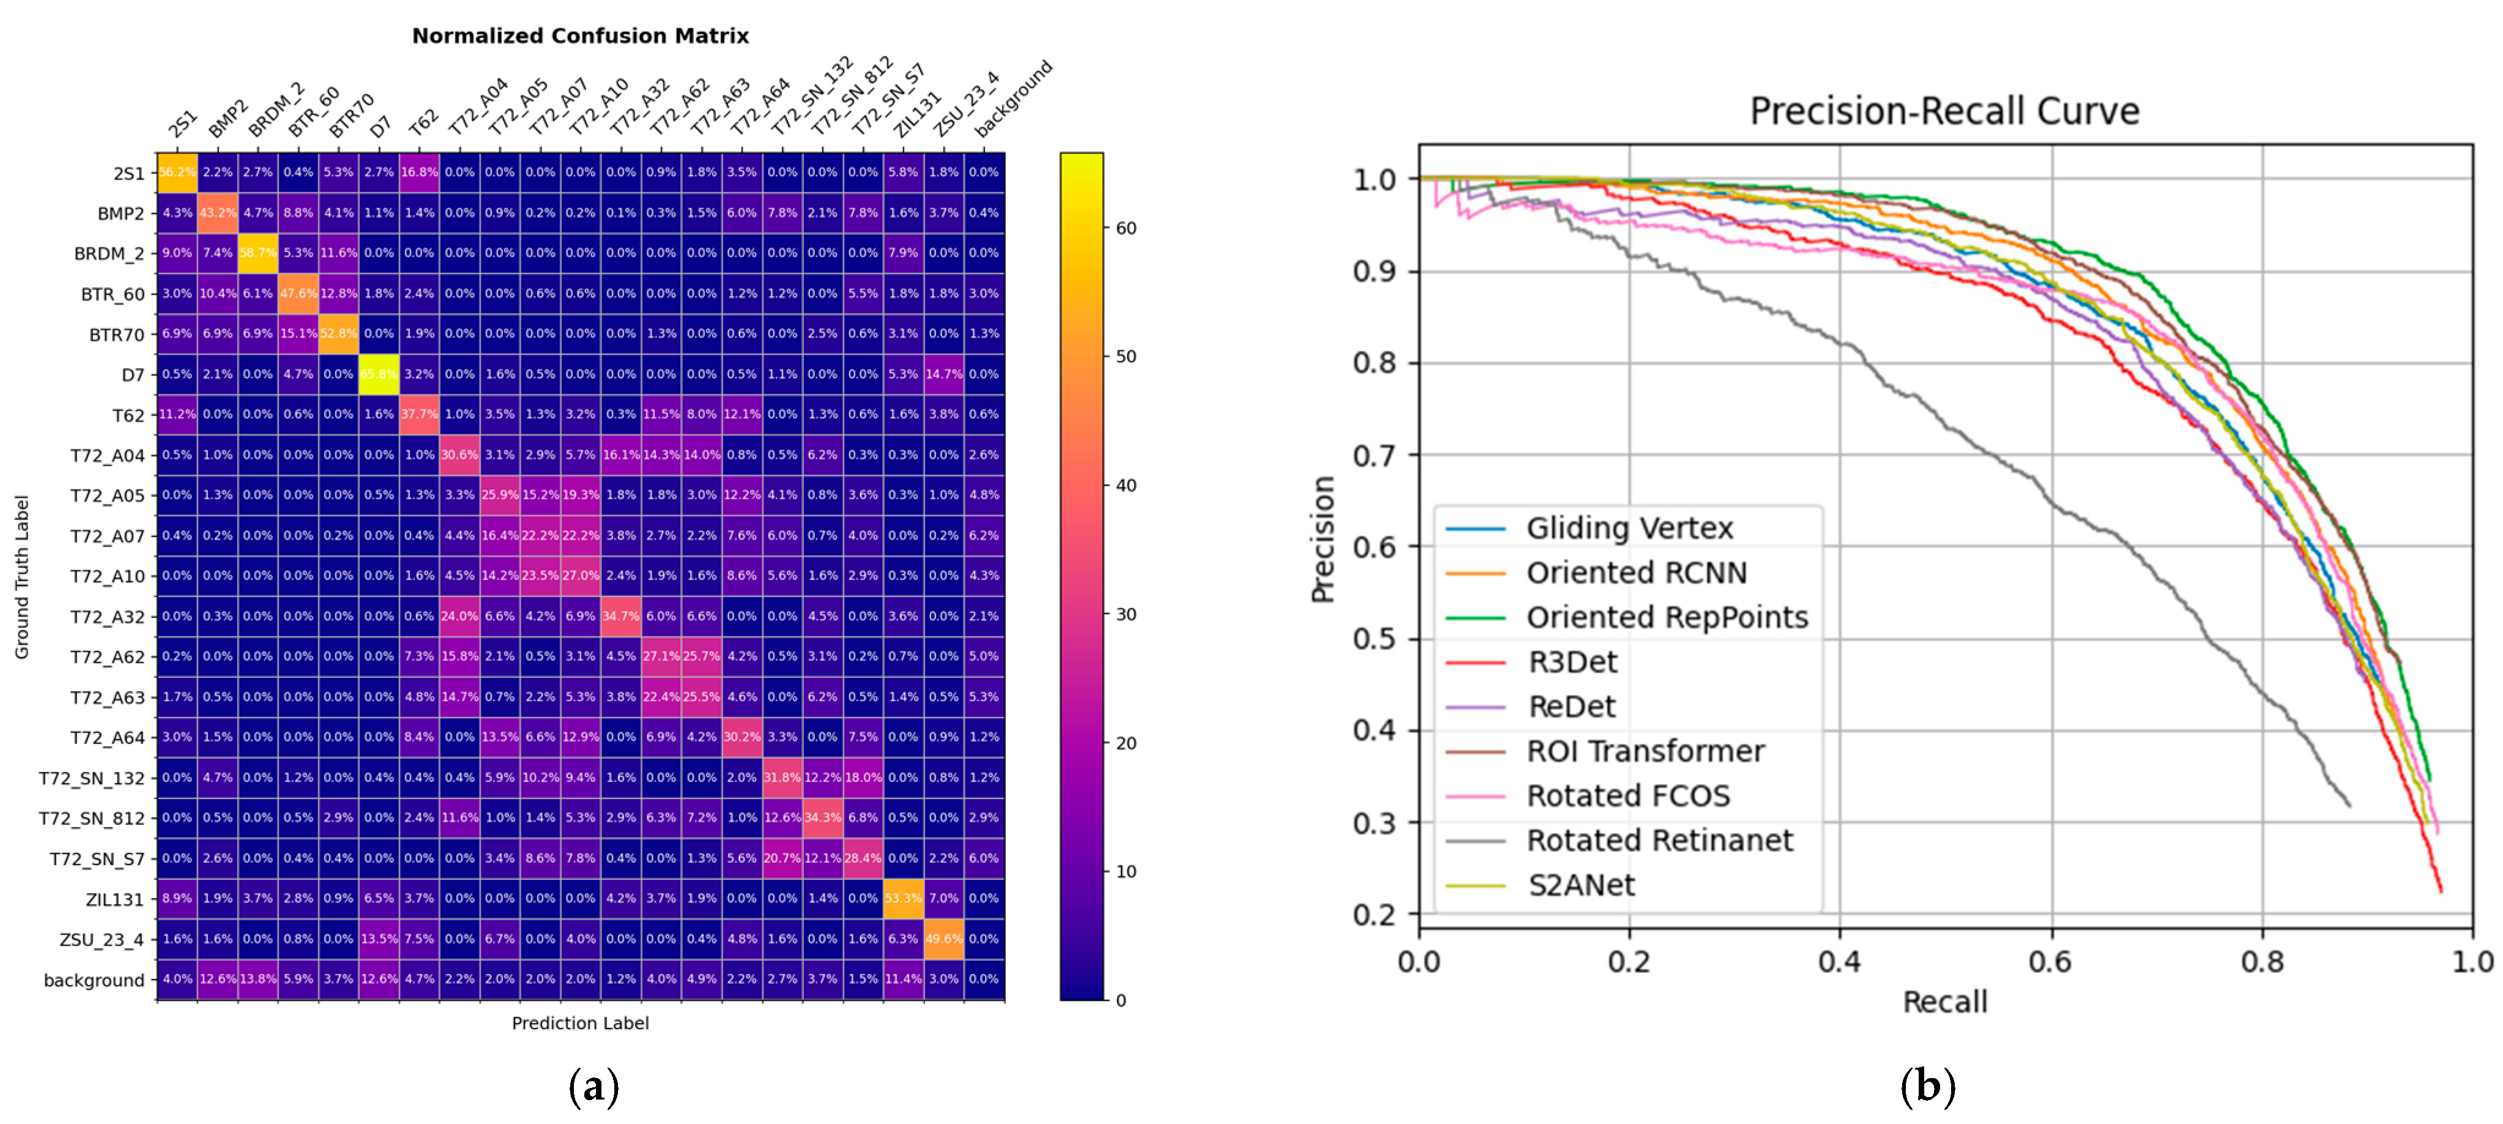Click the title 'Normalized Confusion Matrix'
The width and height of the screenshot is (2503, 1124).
point(580,36)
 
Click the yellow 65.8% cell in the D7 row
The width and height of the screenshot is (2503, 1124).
point(378,374)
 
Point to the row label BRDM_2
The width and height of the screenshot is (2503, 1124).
point(109,253)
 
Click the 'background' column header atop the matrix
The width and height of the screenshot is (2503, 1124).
point(1013,99)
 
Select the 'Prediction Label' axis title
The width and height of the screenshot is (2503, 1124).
point(580,1023)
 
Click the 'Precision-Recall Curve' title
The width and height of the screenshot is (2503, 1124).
point(1944,111)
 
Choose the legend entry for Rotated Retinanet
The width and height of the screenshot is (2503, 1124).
point(1659,840)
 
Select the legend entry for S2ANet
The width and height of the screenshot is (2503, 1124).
point(1581,885)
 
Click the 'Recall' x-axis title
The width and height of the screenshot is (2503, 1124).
point(1944,1002)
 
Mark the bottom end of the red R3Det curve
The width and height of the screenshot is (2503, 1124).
point(2440,891)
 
